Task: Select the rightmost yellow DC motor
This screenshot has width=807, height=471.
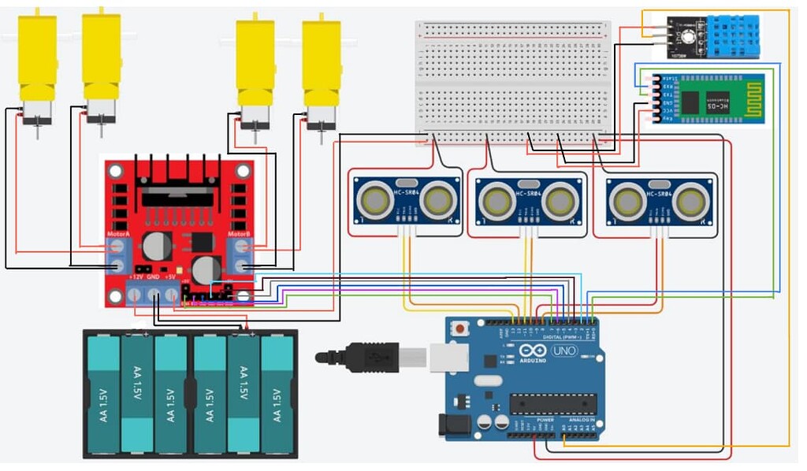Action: click(x=321, y=63)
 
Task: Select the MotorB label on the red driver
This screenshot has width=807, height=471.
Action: click(x=239, y=235)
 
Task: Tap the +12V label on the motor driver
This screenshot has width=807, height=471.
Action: click(x=135, y=277)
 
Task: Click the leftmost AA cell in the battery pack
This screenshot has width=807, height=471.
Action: click(x=102, y=394)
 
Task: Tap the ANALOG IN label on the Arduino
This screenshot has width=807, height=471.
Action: click(x=581, y=420)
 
